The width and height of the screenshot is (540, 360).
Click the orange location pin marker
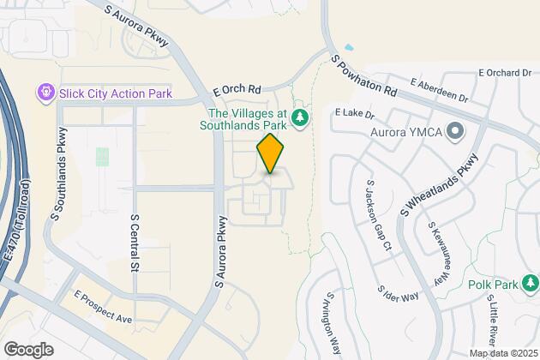(270, 154)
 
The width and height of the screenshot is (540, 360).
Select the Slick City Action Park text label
(116, 93)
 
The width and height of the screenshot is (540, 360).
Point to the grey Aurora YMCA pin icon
(455, 133)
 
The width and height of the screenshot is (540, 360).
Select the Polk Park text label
(489, 284)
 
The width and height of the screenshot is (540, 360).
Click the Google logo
(28, 349)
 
